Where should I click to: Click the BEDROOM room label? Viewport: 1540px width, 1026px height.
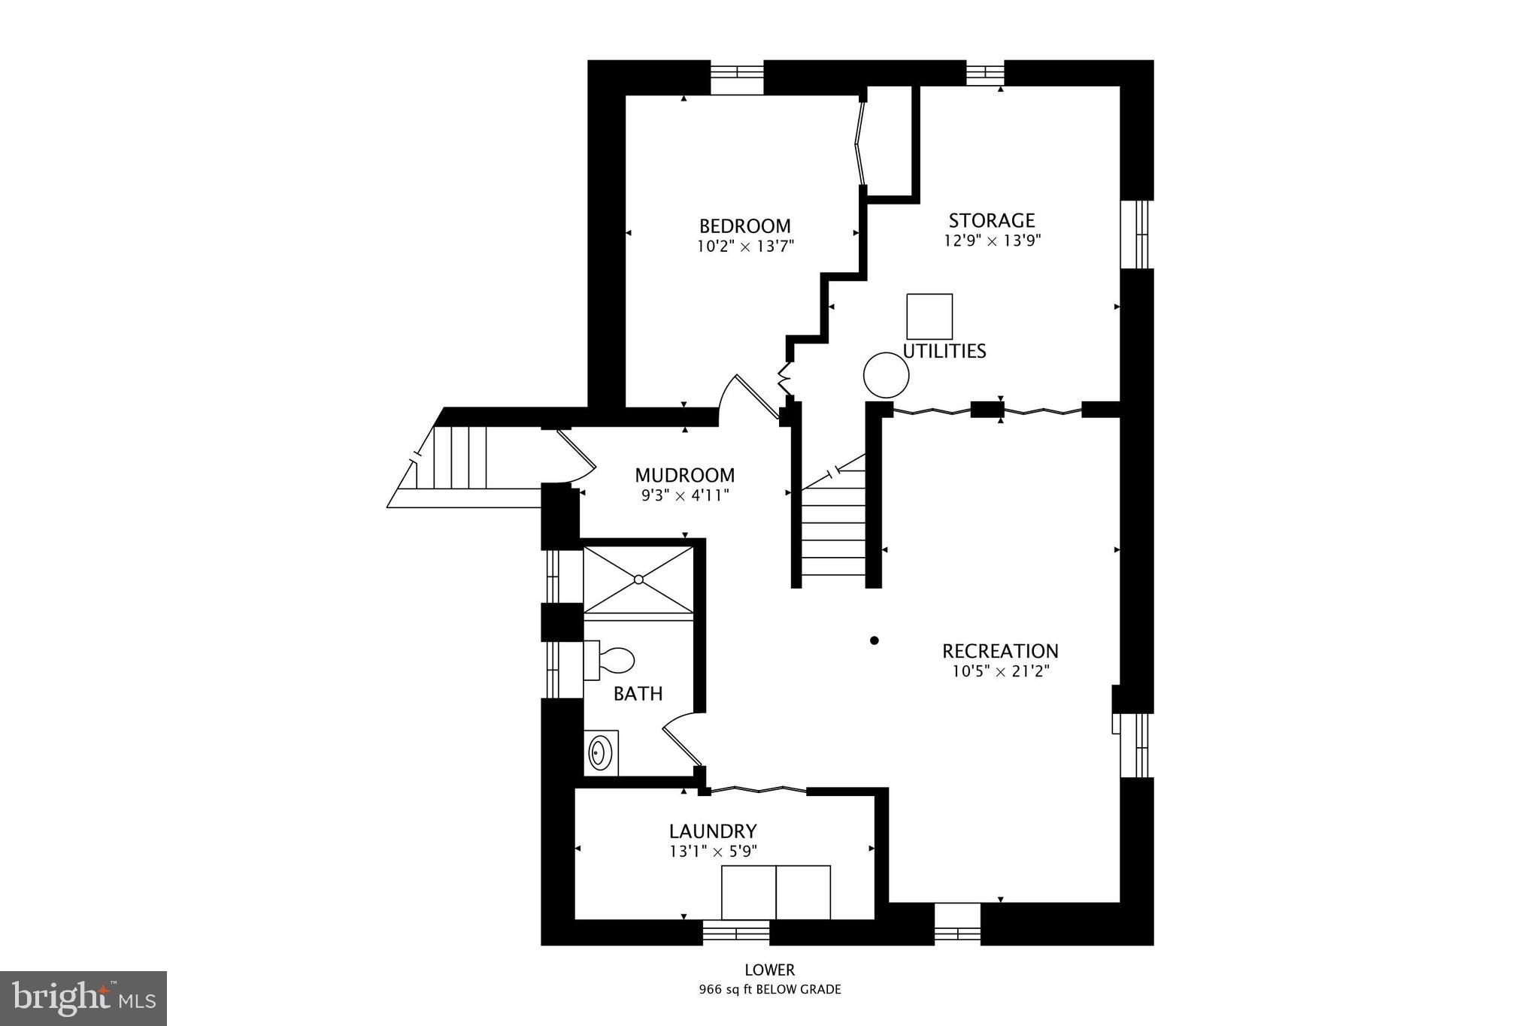744,226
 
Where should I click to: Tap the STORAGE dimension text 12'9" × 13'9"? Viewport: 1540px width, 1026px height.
992,241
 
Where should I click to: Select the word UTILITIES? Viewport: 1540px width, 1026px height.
944,351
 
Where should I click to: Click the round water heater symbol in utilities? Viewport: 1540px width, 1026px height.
886,375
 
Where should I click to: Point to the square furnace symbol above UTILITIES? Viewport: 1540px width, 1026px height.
929,316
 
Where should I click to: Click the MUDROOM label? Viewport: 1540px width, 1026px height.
684,475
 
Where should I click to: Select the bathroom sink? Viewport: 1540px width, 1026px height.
600,752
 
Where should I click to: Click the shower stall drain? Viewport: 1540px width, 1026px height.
638,580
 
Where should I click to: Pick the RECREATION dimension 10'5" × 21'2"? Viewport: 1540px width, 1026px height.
1000,671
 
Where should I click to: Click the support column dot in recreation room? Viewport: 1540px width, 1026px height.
874,640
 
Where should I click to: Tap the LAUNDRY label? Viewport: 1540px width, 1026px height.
712,831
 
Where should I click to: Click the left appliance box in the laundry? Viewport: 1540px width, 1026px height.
748,892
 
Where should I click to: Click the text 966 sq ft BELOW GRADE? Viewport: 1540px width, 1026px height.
769,990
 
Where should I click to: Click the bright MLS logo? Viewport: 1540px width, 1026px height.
83,998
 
